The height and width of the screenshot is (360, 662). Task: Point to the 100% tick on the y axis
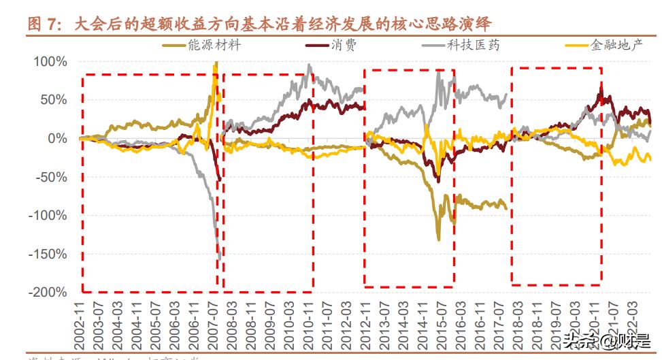click(50, 62)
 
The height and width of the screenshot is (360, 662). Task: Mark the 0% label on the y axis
click(58, 138)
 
